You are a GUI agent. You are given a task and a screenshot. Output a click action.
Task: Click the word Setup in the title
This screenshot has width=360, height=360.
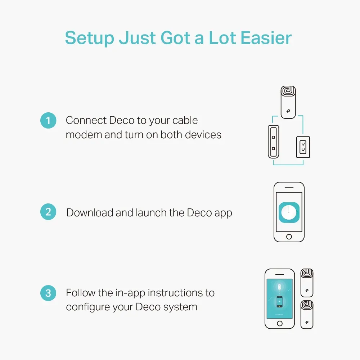[89, 38]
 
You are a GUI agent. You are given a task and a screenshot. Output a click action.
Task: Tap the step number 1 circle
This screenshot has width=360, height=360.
[48, 120]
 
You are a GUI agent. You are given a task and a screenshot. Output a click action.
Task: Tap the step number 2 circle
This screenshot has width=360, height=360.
[48, 212]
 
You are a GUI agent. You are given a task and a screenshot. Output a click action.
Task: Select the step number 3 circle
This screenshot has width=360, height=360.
[48, 293]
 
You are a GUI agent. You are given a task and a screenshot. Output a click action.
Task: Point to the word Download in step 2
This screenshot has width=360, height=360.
[90, 213]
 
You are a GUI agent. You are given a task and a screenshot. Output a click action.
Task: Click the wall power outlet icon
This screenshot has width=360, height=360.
[303, 147]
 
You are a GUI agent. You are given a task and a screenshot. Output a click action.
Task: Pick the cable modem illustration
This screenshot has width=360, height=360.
[274, 142]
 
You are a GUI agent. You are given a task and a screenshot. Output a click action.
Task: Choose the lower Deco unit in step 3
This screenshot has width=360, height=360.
[307, 314]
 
